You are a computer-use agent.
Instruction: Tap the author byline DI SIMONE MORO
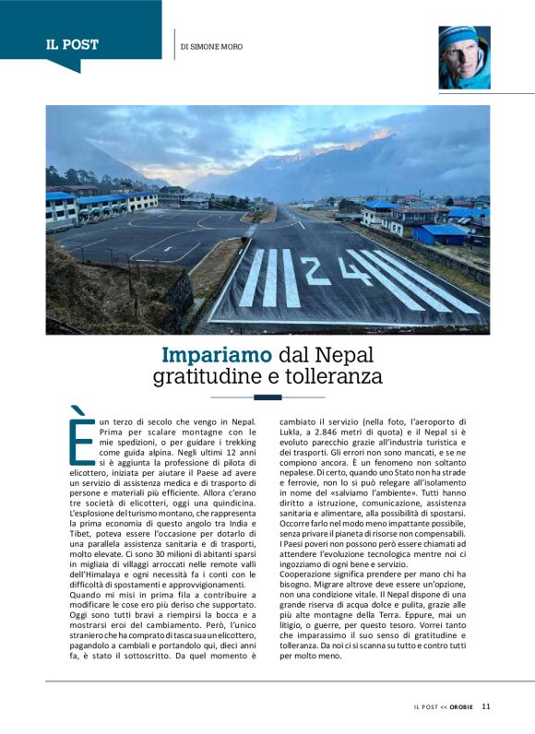(211, 46)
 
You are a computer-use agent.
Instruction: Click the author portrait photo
(464, 57)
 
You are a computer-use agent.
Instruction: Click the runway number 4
(354, 271)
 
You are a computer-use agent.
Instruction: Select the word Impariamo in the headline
(217, 355)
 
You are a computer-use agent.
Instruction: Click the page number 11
(486, 706)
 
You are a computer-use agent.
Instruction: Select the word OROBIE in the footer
(463, 707)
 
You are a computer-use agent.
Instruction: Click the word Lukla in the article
(292, 432)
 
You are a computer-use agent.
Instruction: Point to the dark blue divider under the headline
(267, 397)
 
